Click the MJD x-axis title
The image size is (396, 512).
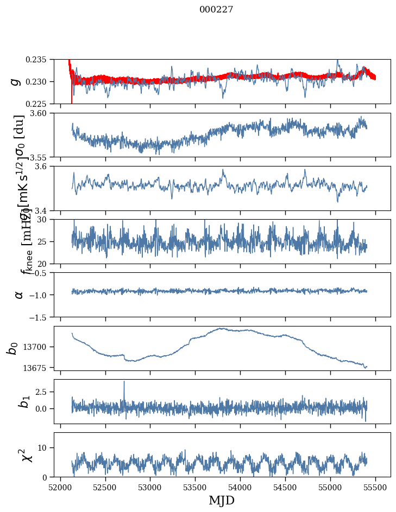click(x=222, y=500)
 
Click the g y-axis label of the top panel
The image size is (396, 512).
click(x=15, y=81)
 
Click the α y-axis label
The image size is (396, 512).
click(x=19, y=295)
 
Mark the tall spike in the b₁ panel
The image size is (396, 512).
click(x=124, y=382)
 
